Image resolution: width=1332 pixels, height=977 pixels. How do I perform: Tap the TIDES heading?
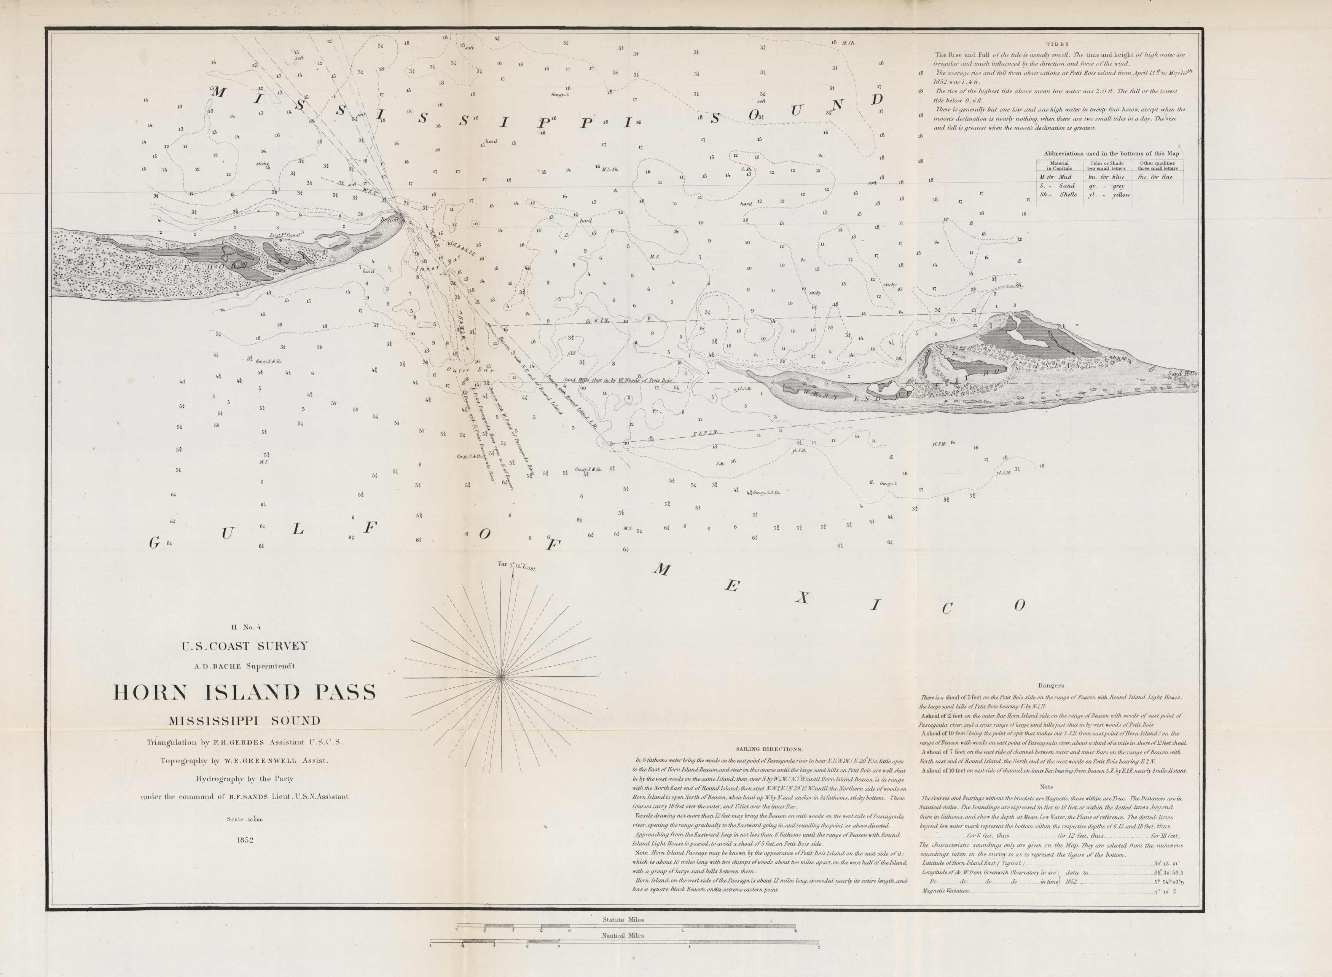[x=1057, y=44]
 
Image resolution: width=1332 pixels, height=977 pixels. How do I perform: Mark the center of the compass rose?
[x=501, y=676]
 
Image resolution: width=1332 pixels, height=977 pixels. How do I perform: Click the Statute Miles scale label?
[x=623, y=920]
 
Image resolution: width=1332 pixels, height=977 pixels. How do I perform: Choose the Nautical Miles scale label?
[x=623, y=936]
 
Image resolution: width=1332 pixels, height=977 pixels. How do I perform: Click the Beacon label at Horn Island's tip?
[x=390, y=219]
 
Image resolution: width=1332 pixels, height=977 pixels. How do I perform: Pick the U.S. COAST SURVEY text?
[x=245, y=646]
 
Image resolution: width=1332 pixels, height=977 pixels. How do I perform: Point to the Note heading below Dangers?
[x=1046, y=787]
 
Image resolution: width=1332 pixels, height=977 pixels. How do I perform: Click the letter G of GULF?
[x=155, y=543]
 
